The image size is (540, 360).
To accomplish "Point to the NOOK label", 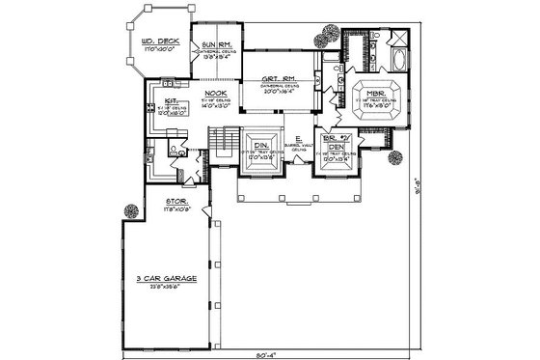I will pos(216,93).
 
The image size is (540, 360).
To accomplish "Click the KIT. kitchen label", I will pos(170,98).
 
